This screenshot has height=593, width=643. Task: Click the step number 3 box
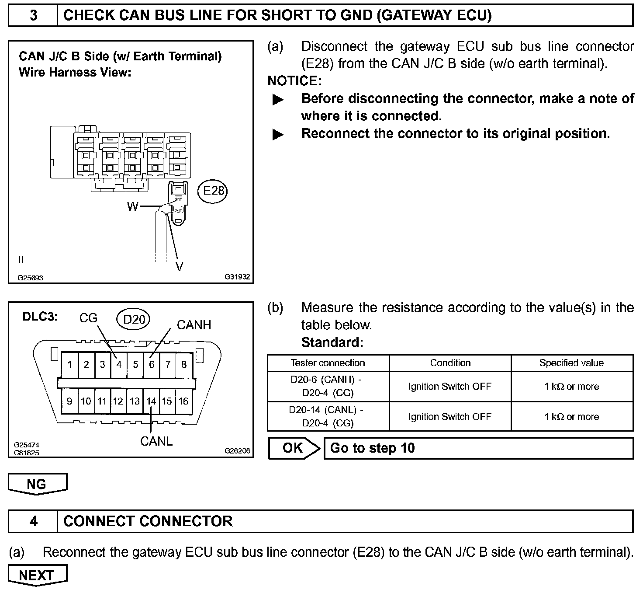pyautogui.click(x=33, y=16)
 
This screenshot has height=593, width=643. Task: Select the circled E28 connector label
pyautogui.click(x=213, y=191)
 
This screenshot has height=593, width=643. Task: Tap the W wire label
pyautogui.click(x=132, y=206)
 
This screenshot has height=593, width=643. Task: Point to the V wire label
pyautogui.click(x=179, y=266)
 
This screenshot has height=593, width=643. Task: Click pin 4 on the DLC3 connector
pyautogui.click(x=118, y=364)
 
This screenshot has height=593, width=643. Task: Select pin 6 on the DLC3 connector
pyautogui.click(x=152, y=364)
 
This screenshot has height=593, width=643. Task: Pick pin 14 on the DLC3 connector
pyautogui.click(x=151, y=401)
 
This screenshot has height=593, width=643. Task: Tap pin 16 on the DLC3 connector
pyautogui.click(x=183, y=401)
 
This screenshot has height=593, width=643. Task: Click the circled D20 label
pyautogui.click(x=134, y=320)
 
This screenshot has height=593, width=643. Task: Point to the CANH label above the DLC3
pyautogui.click(x=194, y=325)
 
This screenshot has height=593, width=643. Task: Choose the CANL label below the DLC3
pyautogui.click(x=156, y=441)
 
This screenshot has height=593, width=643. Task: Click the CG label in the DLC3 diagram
pyautogui.click(x=88, y=318)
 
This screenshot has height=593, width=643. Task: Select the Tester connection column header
pyautogui.click(x=328, y=363)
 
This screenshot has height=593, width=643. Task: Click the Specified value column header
pyautogui.click(x=571, y=363)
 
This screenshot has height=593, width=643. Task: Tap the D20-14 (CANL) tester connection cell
pyautogui.click(x=328, y=416)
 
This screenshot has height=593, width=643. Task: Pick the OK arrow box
pyautogui.click(x=294, y=448)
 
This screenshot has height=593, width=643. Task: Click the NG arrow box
pyautogui.click(x=37, y=484)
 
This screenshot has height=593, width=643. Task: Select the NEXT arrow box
pyautogui.click(x=37, y=576)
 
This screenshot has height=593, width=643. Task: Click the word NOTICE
pyautogui.click(x=294, y=81)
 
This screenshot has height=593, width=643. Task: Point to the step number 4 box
pyautogui.click(x=33, y=521)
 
